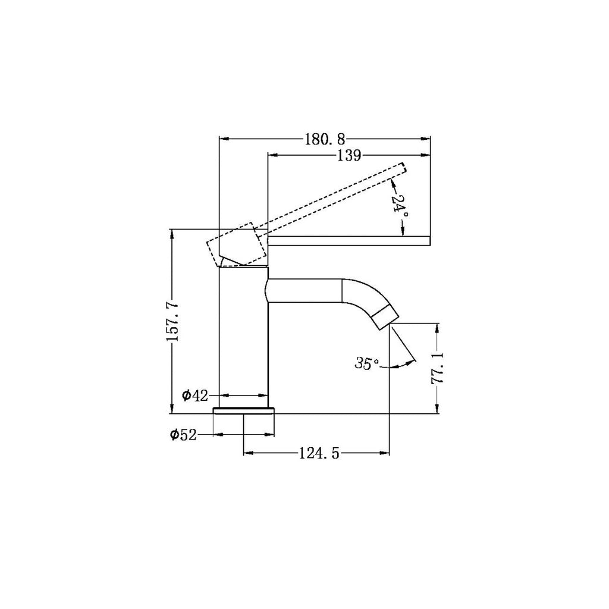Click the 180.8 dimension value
pyautogui.click(x=325, y=139)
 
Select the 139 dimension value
pyautogui.click(x=349, y=155)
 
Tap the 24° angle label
pyautogui.click(x=397, y=203)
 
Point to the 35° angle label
pyautogui.click(x=366, y=363)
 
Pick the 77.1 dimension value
pyautogui.click(x=438, y=369)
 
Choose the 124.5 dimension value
pyautogui.click(x=319, y=453)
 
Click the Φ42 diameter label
pyautogui.click(x=195, y=395)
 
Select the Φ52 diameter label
pyautogui.click(x=183, y=435)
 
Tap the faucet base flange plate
pyautogui.click(x=244, y=410)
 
